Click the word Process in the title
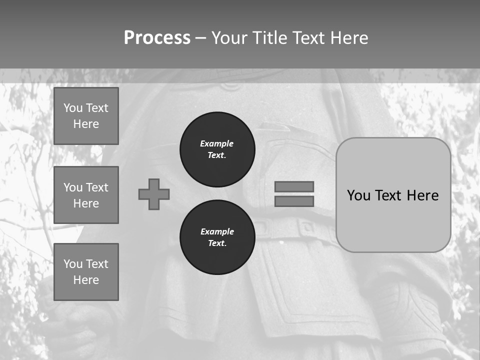pyautogui.click(x=157, y=38)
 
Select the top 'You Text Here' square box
pyautogui.click(x=86, y=116)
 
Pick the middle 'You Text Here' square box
pyautogui.click(x=86, y=195)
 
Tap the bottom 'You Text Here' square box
pyautogui.click(x=86, y=272)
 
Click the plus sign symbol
pyautogui.click(x=154, y=194)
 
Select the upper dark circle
pyautogui.click(x=217, y=149)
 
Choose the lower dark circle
pyautogui.click(x=217, y=237)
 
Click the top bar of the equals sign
pyautogui.click(x=294, y=186)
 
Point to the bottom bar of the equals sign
pyautogui.click(x=294, y=201)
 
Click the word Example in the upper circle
pyautogui.click(x=216, y=143)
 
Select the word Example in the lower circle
pyautogui.click(x=217, y=231)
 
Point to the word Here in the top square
pyautogui.click(x=86, y=124)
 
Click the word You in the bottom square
pyautogui.click(x=73, y=264)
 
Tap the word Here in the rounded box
pyautogui.click(x=422, y=195)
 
